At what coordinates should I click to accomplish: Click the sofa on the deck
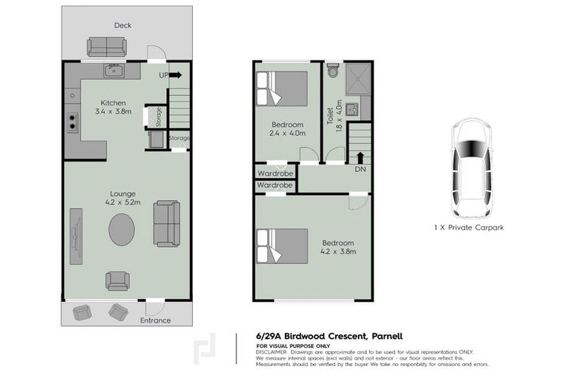click(x=107, y=47)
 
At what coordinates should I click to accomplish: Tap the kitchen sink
click(x=113, y=71)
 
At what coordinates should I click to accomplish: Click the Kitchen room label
click(x=113, y=103)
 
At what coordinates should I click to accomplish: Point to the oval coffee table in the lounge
click(x=122, y=230)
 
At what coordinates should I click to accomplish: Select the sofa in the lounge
click(x=166, y=223)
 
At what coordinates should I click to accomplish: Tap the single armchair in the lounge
click(x=117, y=281)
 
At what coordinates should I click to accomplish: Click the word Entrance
click(x=156, y=320)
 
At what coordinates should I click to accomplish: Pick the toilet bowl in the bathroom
click(x=333, y=71)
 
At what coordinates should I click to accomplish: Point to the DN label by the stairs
click(x=360, y=169)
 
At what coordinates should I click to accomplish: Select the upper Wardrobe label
click(x=275, y=173)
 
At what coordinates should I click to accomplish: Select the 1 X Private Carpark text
click(x=469, y=227)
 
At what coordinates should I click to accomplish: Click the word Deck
click(x=123, y=25)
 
